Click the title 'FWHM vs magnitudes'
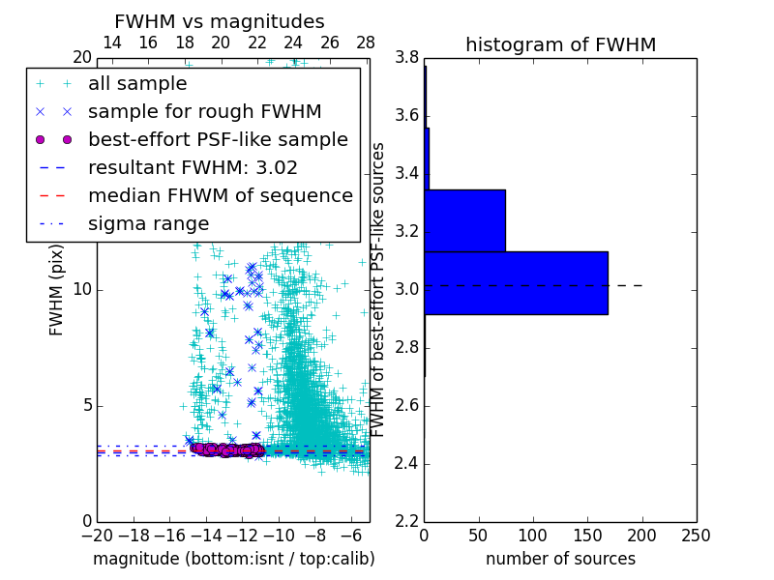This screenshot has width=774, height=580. pos(220,21)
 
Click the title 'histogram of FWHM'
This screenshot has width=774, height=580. pos(560,44)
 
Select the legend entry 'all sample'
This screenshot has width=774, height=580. pos(137,83)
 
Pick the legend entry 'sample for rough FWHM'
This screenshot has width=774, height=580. pos(204,111)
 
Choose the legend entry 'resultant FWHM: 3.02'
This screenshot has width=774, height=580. pos(193,167)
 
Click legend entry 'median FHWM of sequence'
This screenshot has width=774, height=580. pos(220,195)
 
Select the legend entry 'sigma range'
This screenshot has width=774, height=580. pos(148,223)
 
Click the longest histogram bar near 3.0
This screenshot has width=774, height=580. pos(516,282)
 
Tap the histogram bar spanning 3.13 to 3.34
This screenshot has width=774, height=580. pos(464,220)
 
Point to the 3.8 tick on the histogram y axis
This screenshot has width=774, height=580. pos(406,58)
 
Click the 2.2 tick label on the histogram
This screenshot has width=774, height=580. pos(406,521)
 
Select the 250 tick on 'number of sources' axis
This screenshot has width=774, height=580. pos(696,536)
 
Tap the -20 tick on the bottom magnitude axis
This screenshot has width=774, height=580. pos(97,536)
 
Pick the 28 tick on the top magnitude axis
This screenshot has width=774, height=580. pos(366,43)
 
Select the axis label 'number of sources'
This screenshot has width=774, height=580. pos(560,559)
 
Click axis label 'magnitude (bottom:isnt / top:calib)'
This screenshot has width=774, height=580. pos(233,559)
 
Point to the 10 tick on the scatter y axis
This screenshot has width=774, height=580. pos(81,289)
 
